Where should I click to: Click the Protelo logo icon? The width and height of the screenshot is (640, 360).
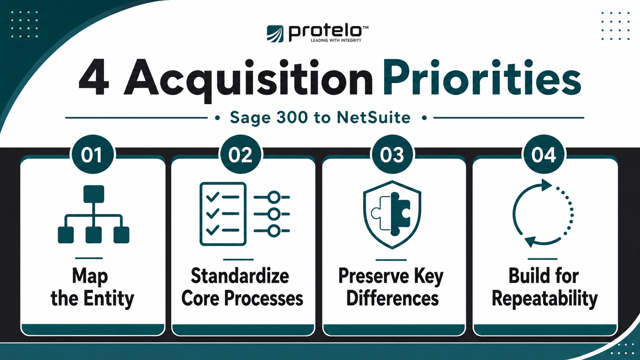[275, 34]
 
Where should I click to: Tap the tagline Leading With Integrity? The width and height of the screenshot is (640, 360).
[336, 40]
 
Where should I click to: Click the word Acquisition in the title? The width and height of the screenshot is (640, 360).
[248, 78]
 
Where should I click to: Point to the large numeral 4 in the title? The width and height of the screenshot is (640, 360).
[94, 77]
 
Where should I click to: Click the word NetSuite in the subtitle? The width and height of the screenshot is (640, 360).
[374, 117]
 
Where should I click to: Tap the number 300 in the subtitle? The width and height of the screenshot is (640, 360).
[292, 117]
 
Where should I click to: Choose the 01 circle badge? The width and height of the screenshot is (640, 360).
[92, 155]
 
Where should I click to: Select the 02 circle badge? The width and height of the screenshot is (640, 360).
[240, 155]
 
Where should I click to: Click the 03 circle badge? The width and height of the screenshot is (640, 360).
[392, 155]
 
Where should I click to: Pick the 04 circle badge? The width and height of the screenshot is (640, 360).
[544, 155]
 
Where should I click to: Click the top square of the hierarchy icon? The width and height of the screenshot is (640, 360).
[94, 194]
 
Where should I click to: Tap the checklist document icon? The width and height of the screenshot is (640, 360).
[223, 214]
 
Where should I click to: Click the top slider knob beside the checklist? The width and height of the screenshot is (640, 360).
[274, 197]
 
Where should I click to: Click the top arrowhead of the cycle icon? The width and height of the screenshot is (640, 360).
[546, 185]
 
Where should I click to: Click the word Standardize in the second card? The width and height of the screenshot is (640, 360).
[240, 276]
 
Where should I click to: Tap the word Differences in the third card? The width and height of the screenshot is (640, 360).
[392, 298]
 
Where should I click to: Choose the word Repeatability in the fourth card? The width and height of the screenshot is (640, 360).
[545, 299]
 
